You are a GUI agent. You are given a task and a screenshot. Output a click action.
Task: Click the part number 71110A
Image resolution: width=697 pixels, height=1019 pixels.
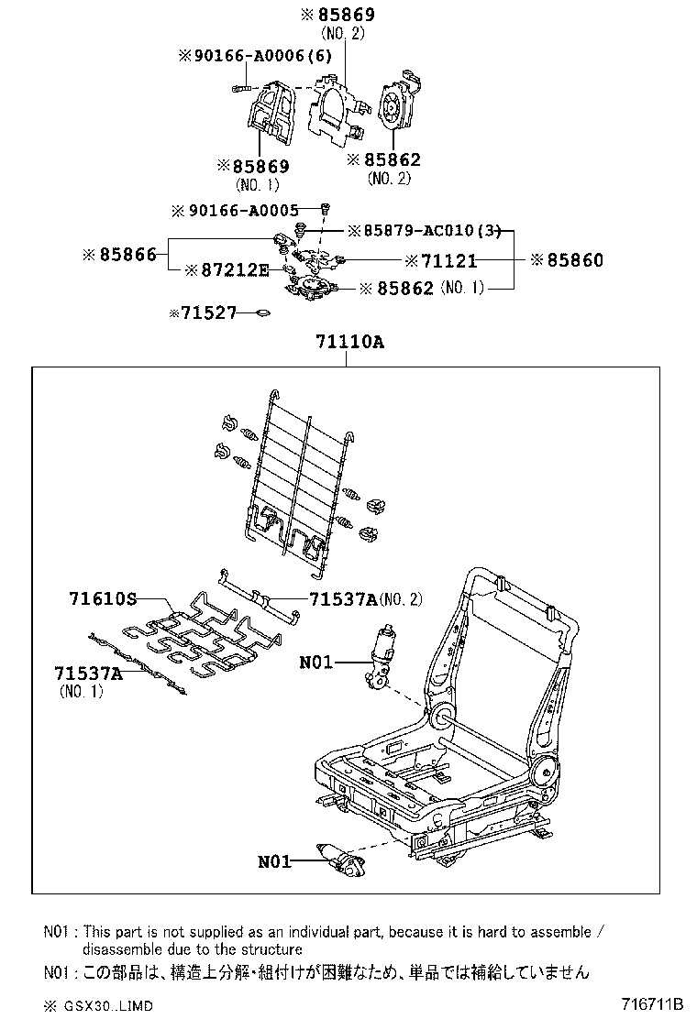pyautogui.click(x=348, y=342)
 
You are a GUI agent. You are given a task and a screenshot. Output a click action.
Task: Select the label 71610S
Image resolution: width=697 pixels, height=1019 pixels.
pyautogui.click(x=102, y=599)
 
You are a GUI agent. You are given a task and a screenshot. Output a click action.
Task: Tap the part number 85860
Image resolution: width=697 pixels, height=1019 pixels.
pyautogui.click(x=575, y=260)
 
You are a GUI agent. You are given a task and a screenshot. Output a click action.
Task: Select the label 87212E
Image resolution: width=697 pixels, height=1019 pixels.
pyautogui.click(x=234, y=269)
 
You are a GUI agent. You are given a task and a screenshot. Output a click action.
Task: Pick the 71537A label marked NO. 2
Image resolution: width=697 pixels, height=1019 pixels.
pyautogui.click(x=343, y=599)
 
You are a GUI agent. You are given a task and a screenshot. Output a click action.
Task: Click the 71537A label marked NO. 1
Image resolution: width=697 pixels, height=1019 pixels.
pyautogui.click(x=89, y=674)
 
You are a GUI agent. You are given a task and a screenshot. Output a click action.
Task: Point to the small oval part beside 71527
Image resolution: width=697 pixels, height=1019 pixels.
pyautogui.click(x=263, y=313)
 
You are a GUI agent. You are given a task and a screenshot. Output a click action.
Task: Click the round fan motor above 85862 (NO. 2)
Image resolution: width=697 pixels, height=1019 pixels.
pyautogui.click(x=396, y=107)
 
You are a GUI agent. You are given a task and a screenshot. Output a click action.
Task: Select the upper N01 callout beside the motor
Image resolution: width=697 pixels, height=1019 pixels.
pyautogui.click(x=316, y=661)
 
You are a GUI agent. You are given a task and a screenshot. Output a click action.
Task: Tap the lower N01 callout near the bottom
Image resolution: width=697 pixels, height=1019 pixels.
pyautogui.click(x=274, y=860)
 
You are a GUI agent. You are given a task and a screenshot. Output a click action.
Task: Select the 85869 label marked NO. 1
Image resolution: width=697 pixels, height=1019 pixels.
pyautogui.click(x=254, y=167)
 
